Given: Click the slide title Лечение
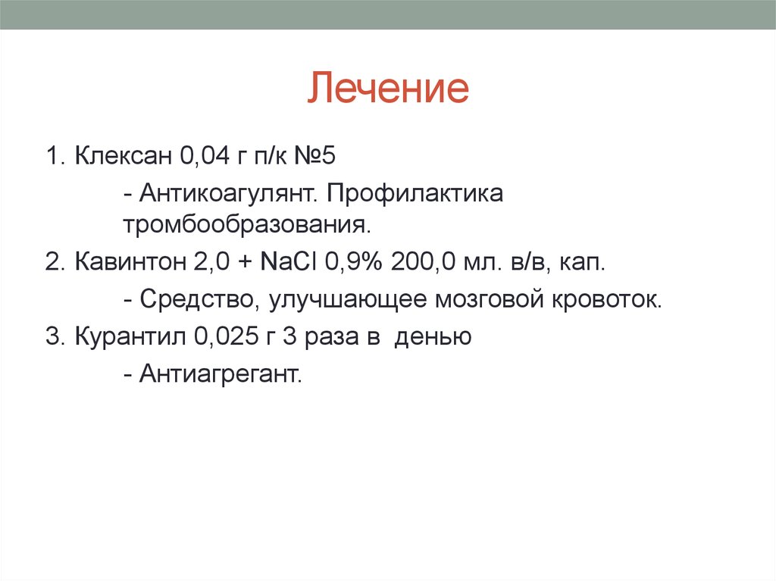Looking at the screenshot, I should [x=388, y=89].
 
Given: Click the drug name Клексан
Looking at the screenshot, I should [x=124, y=158].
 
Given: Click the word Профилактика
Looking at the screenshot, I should [x=415, y=193].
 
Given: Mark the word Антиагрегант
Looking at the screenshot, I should [x=221, y=373].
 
